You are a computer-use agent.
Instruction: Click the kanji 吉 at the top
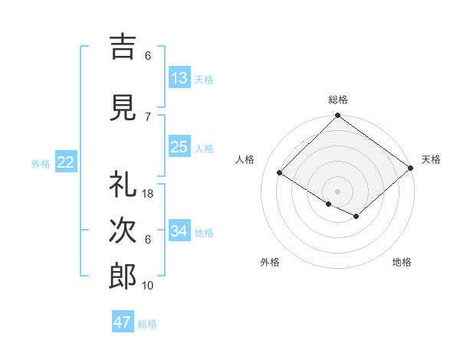(x=123, y=46)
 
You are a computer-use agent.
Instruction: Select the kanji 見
(x=123, y=108)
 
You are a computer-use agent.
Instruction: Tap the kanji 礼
(x=123, y=185)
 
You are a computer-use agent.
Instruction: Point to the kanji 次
(x=123, y=231)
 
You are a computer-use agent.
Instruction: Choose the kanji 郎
(x=123, y=277)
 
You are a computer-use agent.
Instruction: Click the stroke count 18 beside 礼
(x=149, y=194)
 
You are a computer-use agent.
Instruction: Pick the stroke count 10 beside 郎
(x=149, y=286)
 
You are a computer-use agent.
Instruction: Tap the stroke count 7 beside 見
(x=148, y=116)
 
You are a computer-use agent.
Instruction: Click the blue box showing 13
(x=179, y=77)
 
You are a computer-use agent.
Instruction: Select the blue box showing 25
(x=179, y=147)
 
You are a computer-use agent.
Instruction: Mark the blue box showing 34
(x=179, y=231)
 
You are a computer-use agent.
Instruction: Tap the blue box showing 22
(x=66, y=162)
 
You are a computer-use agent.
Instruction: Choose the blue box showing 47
(x=123, y=322)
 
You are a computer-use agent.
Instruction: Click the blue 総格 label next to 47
(x=147, y=324)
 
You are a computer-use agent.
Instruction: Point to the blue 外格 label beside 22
(x=41, y=163)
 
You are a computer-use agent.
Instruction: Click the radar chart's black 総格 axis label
(x=337, y=100)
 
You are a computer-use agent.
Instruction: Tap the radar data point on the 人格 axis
(x=280, y=173)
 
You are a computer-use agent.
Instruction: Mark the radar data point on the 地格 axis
(x=356, y=218)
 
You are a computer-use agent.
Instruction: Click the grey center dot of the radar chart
(x=337, y=190)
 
